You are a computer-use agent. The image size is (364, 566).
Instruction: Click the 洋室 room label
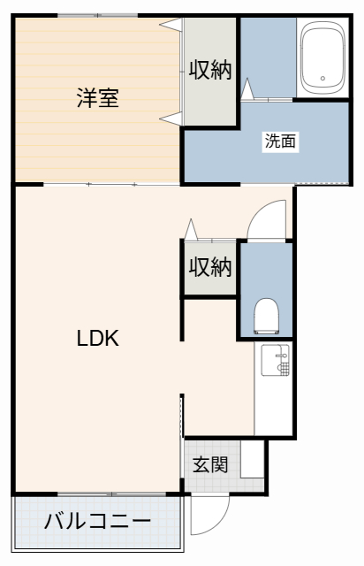tap(97, 98)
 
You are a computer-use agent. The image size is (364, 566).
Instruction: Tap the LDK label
tap(97, 337)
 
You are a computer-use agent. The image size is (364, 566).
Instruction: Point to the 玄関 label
tap(211, 464)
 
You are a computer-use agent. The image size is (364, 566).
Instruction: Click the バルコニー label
tap(97, 520)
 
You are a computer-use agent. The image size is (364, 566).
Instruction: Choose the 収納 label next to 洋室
tap(210, 71)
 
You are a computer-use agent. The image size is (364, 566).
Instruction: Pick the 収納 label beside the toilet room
tap(210, 266)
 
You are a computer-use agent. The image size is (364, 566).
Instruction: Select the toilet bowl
tap(265, 313)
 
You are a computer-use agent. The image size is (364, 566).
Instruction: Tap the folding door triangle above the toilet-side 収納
tap(190, 229)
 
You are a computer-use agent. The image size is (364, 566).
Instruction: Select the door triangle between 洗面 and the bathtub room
tap(247, 88)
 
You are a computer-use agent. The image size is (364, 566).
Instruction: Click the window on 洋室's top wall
tap(97, 15)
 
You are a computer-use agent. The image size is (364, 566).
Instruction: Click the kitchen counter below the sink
tap(275, 407)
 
